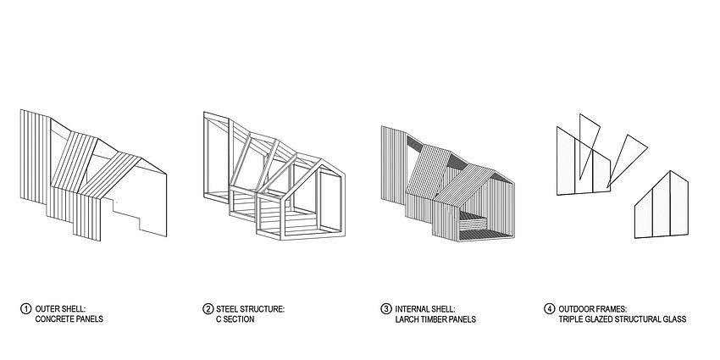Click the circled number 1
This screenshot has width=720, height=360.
click(25, 309)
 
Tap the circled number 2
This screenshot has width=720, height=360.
click(208, 309)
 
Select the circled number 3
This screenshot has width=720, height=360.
click(386, 309)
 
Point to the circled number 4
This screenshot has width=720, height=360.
click(549, 309)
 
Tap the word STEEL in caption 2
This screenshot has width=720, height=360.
click(228, 309)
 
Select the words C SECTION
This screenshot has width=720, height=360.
click(235, 319)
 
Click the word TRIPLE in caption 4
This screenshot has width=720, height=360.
click(571, 319)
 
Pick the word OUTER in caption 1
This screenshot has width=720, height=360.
click(47, 309)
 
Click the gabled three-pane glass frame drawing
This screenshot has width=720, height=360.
click(662, 205)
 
